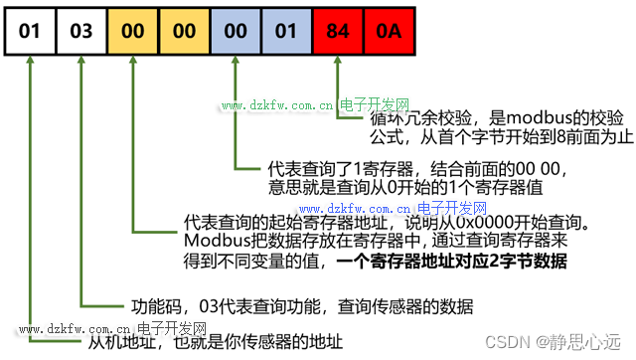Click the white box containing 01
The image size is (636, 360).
pos(31,31)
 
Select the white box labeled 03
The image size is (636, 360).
pos(82,31)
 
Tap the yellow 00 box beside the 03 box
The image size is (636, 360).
pos(134,31)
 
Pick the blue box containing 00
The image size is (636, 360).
pos(236,31)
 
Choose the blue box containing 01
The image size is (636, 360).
pos(286,31)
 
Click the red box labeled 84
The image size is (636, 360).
pos(338,31)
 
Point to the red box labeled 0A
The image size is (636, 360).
pos(389,31)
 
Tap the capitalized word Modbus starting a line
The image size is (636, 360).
pos(212,241)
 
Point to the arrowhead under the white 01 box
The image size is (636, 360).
pos(31,63)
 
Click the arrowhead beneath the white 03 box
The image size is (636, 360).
pos(82,63)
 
